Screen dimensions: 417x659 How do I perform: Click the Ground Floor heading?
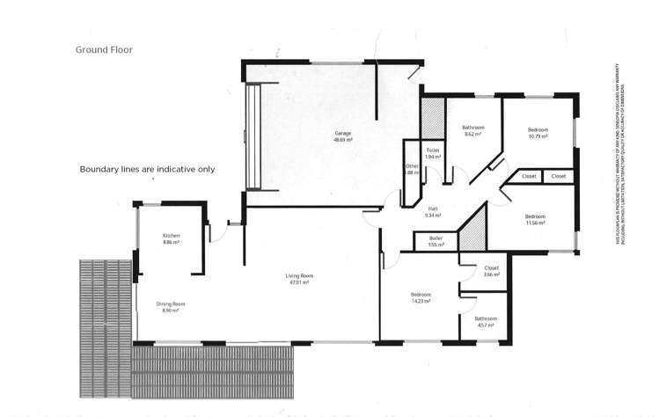104,50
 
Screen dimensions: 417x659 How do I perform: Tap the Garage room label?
343,134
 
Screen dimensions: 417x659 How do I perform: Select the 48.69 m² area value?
343,141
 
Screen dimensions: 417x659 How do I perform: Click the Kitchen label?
171,236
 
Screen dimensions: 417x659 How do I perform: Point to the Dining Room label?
171,304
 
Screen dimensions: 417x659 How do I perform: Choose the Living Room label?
300,275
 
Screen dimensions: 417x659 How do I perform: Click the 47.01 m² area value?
300,282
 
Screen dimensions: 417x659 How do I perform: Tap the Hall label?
431,208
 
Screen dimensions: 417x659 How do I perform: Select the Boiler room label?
436,238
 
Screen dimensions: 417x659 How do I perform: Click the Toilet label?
432,150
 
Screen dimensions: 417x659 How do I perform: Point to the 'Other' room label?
412,166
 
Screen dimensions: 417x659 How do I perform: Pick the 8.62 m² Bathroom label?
473,128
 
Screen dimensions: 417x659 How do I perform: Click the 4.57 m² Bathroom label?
485,318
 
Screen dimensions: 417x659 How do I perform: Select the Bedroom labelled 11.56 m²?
535,216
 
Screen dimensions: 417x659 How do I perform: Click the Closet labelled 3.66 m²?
491,267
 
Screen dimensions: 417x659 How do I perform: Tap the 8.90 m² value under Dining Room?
171,311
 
